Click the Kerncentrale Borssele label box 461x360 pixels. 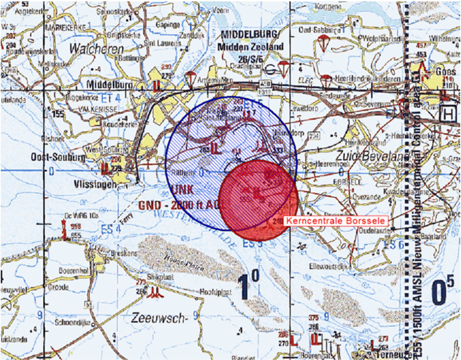click(x=335, y=221)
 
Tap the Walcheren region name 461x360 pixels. click(x=96, y=49)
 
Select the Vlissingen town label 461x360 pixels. click(x=95, y=184)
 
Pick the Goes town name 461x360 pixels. click(x=445, y=72)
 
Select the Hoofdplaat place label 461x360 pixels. click(x=216, y=292)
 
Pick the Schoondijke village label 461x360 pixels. click(x=73, y=323)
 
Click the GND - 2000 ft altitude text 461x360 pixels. click(x=179, y=205)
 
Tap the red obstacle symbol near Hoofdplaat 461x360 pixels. click(x=155, y=293)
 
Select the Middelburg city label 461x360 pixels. click(x=109, y=85)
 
